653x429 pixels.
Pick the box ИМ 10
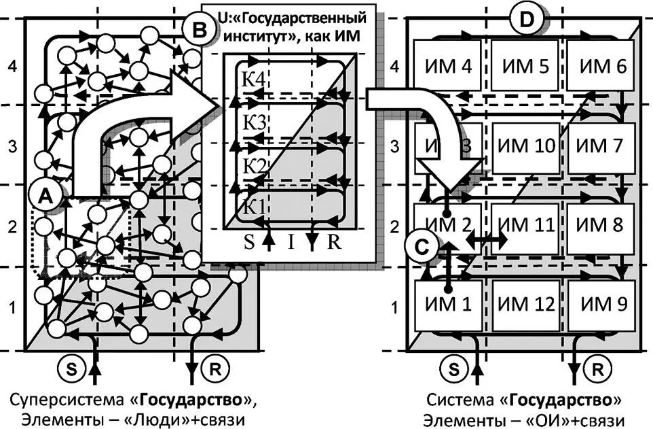click(x=525, y=146)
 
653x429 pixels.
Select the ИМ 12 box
click(x=525, y=304)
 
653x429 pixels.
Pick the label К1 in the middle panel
click(x=253, y=206)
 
